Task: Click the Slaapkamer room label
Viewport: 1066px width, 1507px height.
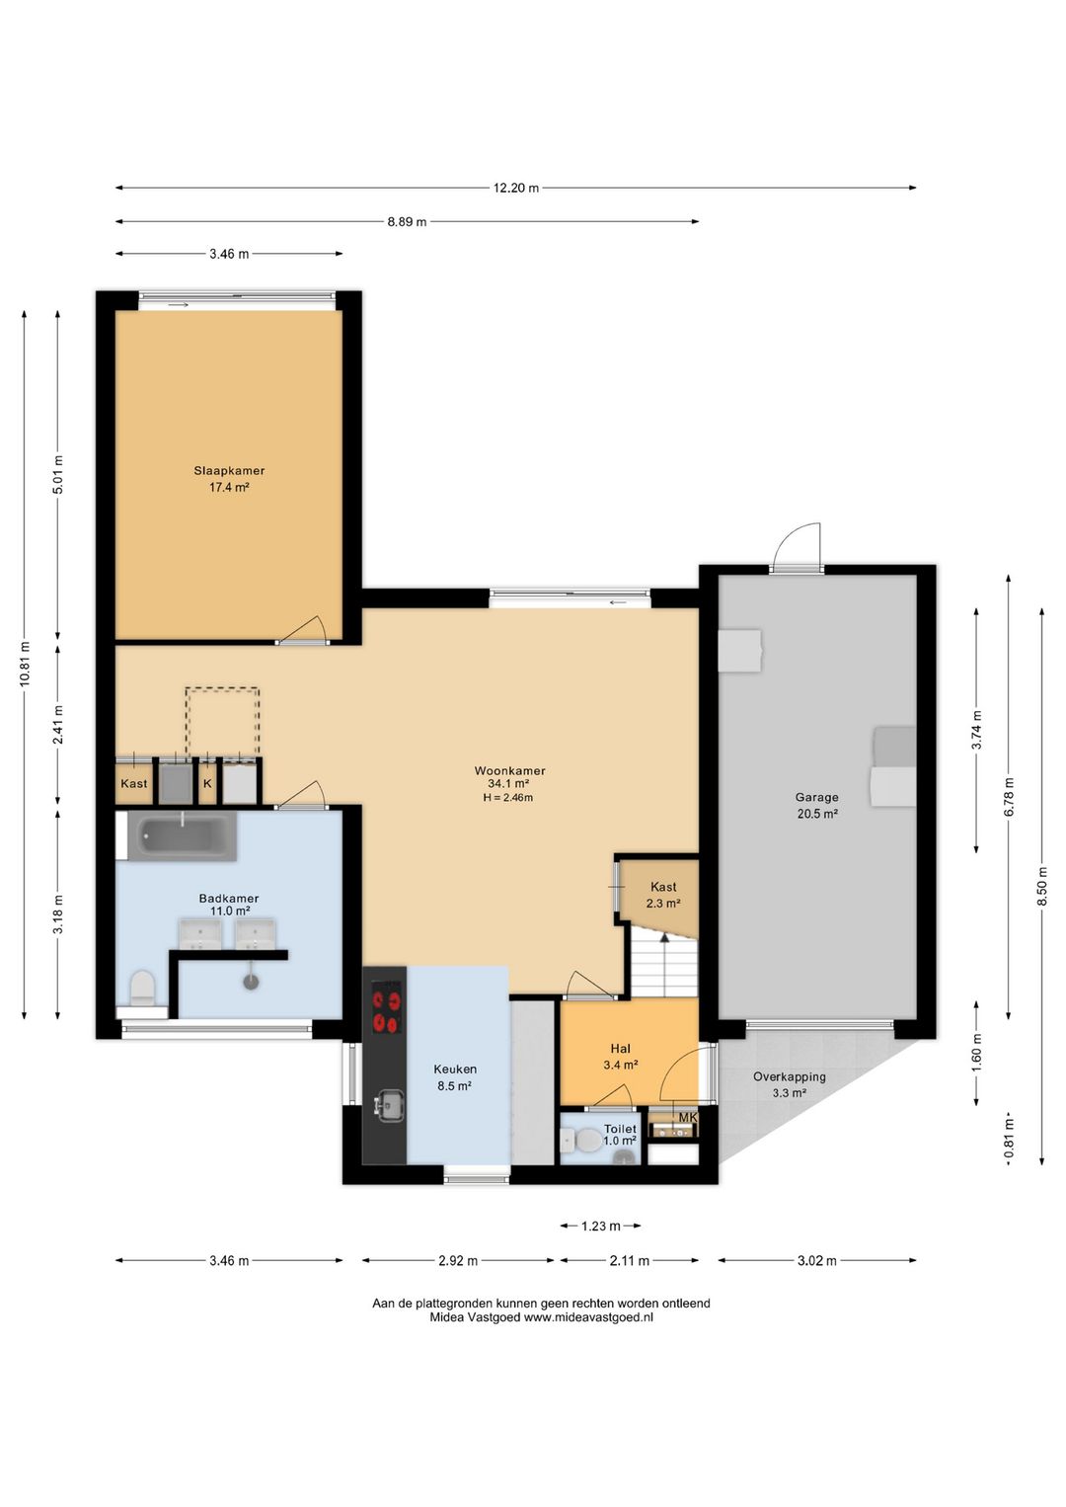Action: point(229,471)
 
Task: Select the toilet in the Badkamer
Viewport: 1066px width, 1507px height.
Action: point(142,989)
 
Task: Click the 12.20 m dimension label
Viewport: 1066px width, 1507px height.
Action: point(516,189)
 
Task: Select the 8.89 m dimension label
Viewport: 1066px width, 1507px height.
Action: point(407,221)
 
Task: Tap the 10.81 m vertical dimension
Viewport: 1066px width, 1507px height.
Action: point(25,664)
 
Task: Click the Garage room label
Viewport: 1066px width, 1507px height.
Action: point(816,797)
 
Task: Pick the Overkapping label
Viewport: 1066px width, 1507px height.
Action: point(789,1076)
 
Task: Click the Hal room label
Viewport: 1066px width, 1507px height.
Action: point(620,1048)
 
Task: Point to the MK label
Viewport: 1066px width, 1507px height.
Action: point(687,1118)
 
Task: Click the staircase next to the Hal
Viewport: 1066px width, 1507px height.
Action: point(664,961)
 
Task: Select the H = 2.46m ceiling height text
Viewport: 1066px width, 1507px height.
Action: point(507,798)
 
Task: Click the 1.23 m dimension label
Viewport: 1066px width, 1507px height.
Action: point(600,1227)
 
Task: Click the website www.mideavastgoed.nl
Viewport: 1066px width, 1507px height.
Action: point(588,1317)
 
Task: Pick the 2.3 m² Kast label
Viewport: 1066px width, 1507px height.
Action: point(663,904)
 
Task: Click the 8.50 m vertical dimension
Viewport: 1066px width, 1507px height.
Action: point(1041,884)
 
